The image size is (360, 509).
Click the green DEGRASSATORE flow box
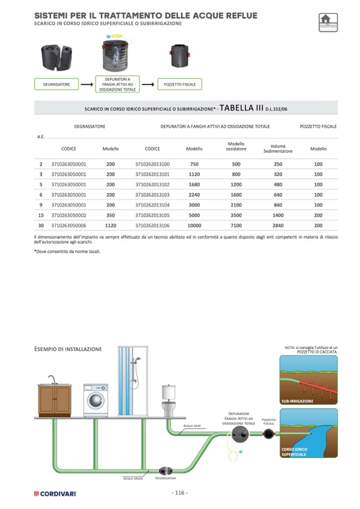[x=56, y=84]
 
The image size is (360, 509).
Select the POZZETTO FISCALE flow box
[x=179, y=84]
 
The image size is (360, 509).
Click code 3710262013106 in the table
[x=153, y=225]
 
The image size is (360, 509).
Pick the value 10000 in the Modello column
[x=194, y=225]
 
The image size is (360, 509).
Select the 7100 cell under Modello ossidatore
[x=236, y=225]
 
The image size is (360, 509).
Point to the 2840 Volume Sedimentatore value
[x=278, y=225]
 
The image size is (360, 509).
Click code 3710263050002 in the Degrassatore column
[x=68, y=214]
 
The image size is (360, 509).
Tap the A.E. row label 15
[x=41, y=214]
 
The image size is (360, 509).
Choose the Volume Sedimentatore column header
[x=278, y=149]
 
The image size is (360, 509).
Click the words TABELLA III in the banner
[x=242, y=108]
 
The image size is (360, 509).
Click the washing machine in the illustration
[x=96, y=400]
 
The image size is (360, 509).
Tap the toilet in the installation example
[x=169, y=401]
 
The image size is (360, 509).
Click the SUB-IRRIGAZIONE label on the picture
[x=297, y=401]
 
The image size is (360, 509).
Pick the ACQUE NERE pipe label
[x=192, y=426]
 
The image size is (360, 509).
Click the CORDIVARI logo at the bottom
[x=56, y=494]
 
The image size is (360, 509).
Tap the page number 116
[x=179, y=493]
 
